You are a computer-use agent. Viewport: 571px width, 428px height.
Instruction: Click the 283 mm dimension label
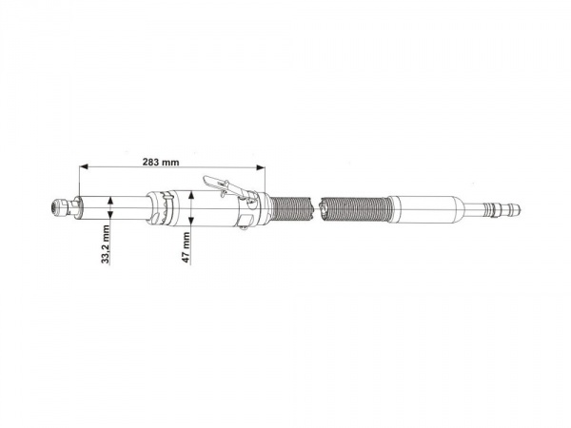click(161, 162)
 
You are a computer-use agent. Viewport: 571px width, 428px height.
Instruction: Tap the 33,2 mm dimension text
click(106, 243)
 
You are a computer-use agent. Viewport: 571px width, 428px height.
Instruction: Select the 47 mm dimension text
click(187, 247)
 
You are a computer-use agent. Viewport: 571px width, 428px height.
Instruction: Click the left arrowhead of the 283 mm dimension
click(84, 166)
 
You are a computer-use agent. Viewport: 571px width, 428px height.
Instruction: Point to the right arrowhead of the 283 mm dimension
click(261, 167)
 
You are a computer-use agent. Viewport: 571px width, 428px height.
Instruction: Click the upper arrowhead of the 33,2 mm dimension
click(110, 201)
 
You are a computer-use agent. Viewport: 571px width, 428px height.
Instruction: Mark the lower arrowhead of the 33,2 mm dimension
click(110, 214)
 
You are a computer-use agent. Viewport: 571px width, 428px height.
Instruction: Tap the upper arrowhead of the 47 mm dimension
click(190, 197)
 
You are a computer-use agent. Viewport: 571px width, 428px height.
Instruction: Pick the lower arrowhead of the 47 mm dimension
click(190, 221)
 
